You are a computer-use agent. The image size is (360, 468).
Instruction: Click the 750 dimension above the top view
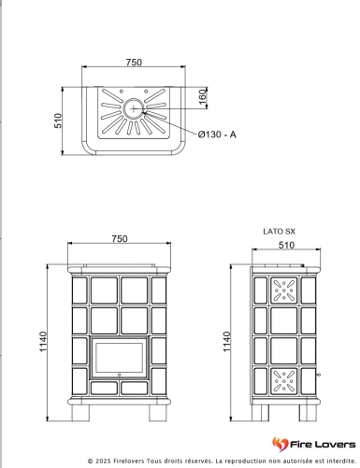tap(134, 63)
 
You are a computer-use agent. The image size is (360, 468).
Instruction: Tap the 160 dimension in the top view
tap(203, 97)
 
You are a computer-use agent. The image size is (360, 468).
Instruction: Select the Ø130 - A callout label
tap(217, 135)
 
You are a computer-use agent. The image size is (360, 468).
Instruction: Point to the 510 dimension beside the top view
tap(58, 121)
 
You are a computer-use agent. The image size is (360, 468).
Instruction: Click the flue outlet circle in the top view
tap(134, 108)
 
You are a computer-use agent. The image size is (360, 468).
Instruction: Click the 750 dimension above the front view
tap(120, 239)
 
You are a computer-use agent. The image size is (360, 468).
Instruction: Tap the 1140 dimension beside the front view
tap(43, 342)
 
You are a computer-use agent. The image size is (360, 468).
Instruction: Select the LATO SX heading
tap(280, 232)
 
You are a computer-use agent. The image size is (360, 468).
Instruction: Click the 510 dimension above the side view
tap(286, 246)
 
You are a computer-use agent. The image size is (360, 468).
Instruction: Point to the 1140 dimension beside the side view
tap(227, 342)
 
